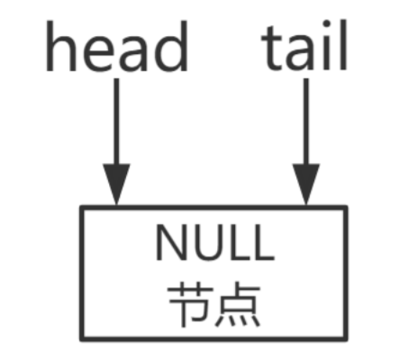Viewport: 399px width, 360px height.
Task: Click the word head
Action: tap(117, 46)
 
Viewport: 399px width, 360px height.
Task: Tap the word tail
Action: tap(304, 45)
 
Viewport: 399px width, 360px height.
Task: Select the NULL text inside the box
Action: tap(215, 242)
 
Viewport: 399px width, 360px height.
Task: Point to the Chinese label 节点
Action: tap(214, 304)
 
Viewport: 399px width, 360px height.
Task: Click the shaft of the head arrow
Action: tap(116, 121)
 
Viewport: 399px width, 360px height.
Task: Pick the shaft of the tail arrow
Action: tap(306, 121)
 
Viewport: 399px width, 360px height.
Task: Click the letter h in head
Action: tap(58, 46)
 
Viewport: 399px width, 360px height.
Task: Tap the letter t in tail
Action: tap(273, 48)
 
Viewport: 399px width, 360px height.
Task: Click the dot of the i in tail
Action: tap(327, 24)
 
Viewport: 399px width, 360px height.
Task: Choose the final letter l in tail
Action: tap(343, 45)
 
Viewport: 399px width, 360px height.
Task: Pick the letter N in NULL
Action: tap(170, 242)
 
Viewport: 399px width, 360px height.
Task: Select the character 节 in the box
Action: tap(191, 304)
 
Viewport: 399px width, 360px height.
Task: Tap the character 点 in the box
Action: tap(238, 304)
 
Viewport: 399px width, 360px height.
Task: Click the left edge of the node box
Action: tap(82, 273)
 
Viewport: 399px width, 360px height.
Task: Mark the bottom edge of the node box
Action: tap(213, 339)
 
